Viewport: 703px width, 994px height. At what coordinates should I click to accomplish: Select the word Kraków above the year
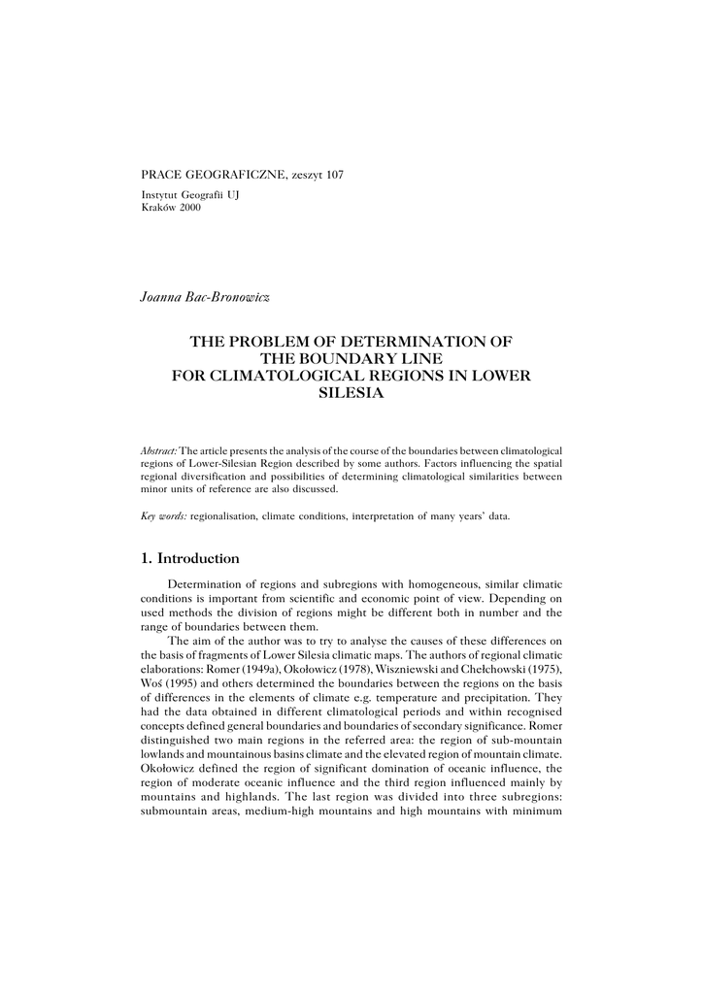click(157, 208)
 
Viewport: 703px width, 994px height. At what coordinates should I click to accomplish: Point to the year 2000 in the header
click(189, 208)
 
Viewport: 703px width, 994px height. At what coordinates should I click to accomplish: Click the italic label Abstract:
click(159, 451)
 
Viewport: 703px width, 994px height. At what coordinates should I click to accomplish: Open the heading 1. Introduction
click(190, 559)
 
